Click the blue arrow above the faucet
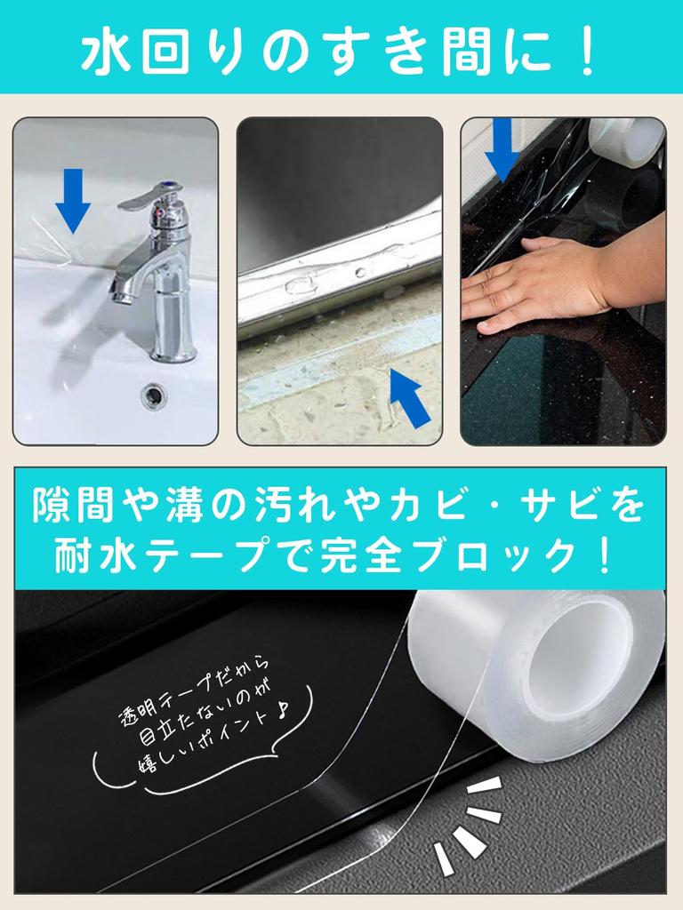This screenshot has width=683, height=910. [73, 201]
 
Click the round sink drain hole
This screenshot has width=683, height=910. [154, 395]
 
